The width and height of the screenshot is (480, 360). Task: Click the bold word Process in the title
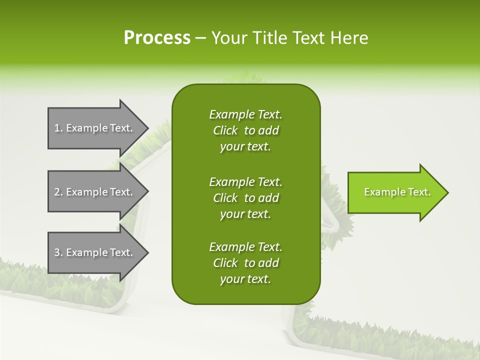157,38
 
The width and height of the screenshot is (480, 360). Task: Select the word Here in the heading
348,38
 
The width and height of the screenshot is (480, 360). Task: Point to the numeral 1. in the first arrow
58,128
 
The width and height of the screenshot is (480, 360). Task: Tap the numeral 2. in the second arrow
58,192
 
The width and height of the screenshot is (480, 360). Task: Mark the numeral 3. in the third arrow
58,252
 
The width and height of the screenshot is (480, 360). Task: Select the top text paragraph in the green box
245,130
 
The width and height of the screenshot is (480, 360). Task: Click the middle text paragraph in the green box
245,197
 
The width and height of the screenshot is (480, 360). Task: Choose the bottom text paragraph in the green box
245,263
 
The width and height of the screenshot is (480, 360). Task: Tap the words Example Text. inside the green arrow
397,192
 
